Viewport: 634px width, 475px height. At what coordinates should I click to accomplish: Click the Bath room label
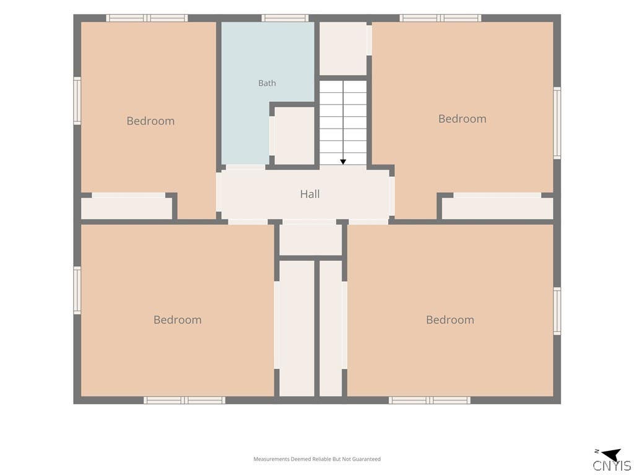pyautogui.click(x=267, y=83)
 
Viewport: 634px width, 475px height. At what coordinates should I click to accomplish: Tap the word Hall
pyautogui.click(x=310, y=194)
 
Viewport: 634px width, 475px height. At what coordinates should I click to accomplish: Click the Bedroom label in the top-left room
pyautogui.click(x=150, y=121)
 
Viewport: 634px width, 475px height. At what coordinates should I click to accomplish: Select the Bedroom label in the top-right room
pyautogui.click(x=462, y=119)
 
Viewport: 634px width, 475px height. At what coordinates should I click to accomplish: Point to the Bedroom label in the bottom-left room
pyautogui.click(x=178, y=320)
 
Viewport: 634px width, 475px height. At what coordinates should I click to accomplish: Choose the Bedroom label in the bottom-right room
pyautogui.click(x=450, y=320)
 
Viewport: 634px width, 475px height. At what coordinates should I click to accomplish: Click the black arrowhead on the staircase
pyautogui.click(x=343, y=162)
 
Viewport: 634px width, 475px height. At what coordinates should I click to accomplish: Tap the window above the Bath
pyautogui.click(x=285, y=18)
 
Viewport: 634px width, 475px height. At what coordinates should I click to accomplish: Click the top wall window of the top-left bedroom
pyautogui.click(x=147, y=18)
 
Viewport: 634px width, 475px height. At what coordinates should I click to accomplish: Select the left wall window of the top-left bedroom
pyautogui.click(x=77, y=101)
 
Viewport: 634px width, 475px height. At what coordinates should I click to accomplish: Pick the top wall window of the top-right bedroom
pyautogui.click(x=440, y=18)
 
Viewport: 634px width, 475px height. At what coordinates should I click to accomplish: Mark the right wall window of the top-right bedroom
pyautogui.click(x=557, y=123)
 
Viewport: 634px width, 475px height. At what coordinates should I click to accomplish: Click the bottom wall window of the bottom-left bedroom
pyautogui.click(x=185, y=400)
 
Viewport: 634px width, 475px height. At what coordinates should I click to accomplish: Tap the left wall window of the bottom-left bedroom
pyautogui.click(x=77, y=290)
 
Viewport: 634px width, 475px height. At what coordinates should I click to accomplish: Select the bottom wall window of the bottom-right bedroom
pyautogui.click(x=430, y=400)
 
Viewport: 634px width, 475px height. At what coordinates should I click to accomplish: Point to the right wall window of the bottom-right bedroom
pyautogui.click(x=557, y=311)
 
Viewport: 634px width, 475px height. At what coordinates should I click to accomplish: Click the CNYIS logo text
pyautogui.click(x=612, y=465)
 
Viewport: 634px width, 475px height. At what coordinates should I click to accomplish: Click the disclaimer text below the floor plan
pyautogui.click(x=317, y=460)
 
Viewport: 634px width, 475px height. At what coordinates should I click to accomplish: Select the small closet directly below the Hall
pyautogui.click(x=311, y=240)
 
